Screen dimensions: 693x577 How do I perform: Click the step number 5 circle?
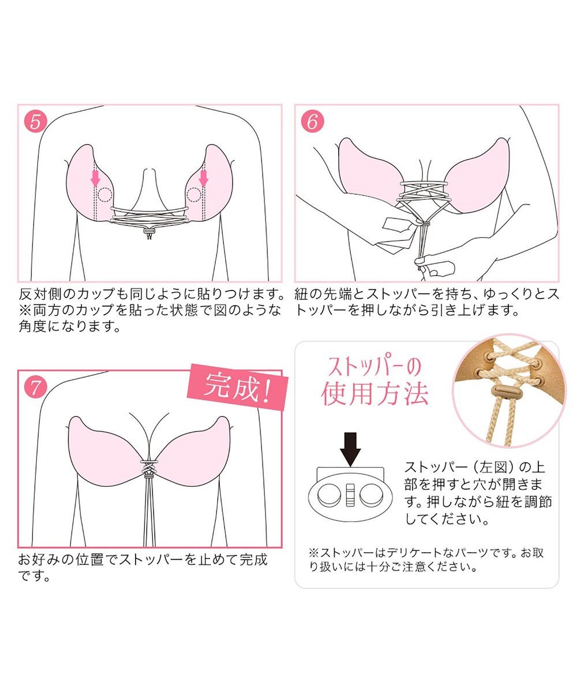(35, 122)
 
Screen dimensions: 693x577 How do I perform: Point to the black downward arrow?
(350, 448)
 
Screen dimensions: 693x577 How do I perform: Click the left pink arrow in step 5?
(95, 177)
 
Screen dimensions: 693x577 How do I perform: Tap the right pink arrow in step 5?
(203, 177)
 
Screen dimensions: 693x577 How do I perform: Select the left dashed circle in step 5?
(104, 195)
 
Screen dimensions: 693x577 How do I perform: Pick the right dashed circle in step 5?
(194, 195)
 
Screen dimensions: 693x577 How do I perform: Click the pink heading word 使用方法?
(375, 395)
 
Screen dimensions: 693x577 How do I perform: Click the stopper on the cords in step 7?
(149, 474)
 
